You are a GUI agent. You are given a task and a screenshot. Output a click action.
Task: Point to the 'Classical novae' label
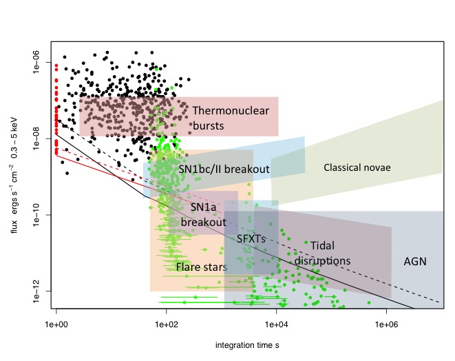(x=357, y=167)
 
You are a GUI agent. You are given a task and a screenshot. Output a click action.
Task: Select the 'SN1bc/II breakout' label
(x=224, y=169)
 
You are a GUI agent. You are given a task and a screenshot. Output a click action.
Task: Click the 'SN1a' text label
(x=204, y=206)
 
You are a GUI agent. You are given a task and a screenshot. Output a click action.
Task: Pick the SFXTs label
(x=251, y=239)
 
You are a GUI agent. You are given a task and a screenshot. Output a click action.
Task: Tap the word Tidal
(x=322, y=245)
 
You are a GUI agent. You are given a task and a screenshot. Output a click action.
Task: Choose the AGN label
(x=415, y=262)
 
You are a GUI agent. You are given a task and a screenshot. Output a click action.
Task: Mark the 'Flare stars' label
(x=202, y=267)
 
